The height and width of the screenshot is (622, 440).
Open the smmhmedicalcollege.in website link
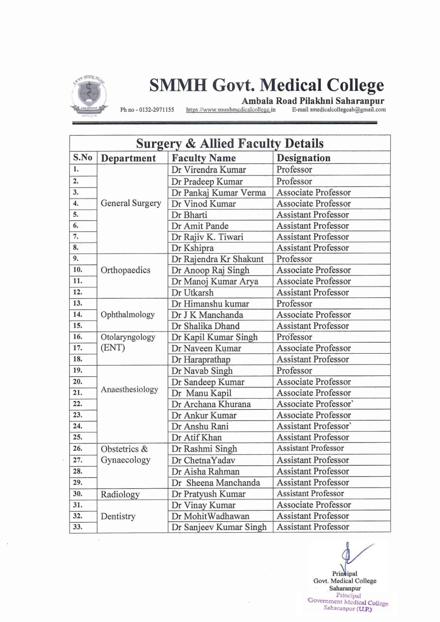[231, 110]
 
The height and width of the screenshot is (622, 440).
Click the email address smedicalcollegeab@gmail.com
[339, 110]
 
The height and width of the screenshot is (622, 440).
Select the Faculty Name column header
[204, 158]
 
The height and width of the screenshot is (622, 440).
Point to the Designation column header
[303, 158]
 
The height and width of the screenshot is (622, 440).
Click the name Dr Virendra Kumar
[209, 170]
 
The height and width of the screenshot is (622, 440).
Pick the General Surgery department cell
[131, 203]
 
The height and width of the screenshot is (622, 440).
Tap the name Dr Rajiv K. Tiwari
[207, 237]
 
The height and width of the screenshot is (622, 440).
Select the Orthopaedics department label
[125, 270]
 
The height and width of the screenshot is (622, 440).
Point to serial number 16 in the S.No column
[78, 337]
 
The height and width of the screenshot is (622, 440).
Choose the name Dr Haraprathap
[201, 359]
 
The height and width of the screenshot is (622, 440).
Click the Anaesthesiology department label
[129, 389]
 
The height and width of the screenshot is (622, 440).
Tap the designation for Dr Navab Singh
[294, 371]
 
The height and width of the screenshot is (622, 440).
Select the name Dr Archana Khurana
[211, 404]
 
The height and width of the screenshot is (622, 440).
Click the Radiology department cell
[120, 494]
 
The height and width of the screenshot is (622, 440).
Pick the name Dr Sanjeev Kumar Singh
[219, 527]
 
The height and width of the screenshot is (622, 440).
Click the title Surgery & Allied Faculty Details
[230, 144]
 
